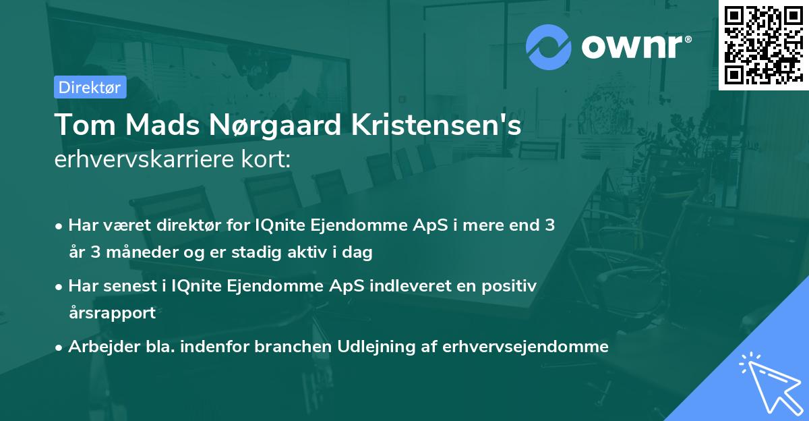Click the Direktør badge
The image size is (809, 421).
coord(90,87)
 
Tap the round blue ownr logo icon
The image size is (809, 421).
coord(549,47)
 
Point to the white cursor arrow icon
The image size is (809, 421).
coord(769,383)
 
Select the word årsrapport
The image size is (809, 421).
coord(112,313)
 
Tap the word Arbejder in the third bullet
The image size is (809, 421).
coord(98,347)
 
